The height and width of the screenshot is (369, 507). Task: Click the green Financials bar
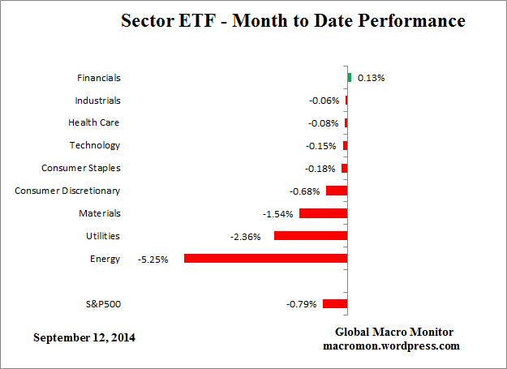350,78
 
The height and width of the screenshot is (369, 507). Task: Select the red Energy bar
266,259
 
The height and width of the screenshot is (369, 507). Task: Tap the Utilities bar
311,236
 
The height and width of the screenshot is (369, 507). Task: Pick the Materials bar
324,213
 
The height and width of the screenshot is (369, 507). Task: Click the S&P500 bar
335,304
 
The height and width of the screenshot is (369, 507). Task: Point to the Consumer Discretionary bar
337,191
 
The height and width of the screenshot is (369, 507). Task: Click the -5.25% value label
153,260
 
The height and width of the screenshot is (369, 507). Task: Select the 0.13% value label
370,78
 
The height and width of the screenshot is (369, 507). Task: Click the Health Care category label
94,123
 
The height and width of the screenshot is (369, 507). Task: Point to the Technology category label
94,146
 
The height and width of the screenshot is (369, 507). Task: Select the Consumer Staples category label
80,169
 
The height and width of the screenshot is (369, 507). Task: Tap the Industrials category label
97,101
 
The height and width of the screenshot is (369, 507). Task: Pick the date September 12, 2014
84,337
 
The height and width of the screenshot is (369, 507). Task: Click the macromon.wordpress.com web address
394,345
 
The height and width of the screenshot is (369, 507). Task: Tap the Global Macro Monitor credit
394,332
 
